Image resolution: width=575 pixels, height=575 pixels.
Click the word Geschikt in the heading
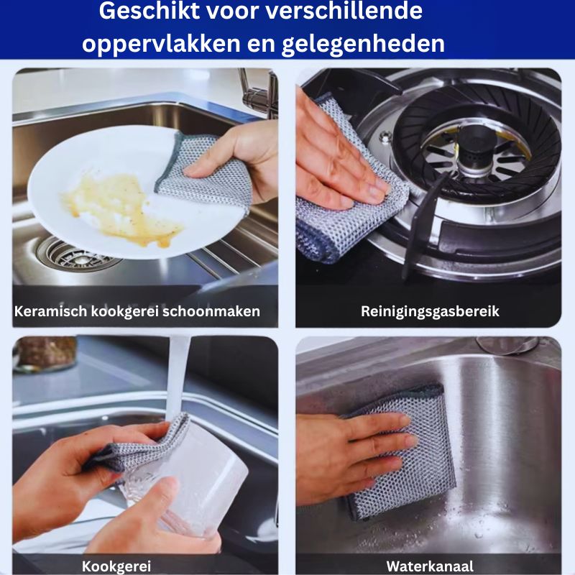149,11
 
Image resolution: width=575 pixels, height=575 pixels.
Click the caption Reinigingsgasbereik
430,311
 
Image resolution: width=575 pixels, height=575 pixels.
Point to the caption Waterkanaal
430,566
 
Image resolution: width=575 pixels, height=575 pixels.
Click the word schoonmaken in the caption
211,311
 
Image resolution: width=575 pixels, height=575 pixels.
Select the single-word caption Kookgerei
116,566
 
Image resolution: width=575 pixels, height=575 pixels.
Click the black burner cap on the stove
477,141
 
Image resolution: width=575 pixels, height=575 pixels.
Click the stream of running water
178,378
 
